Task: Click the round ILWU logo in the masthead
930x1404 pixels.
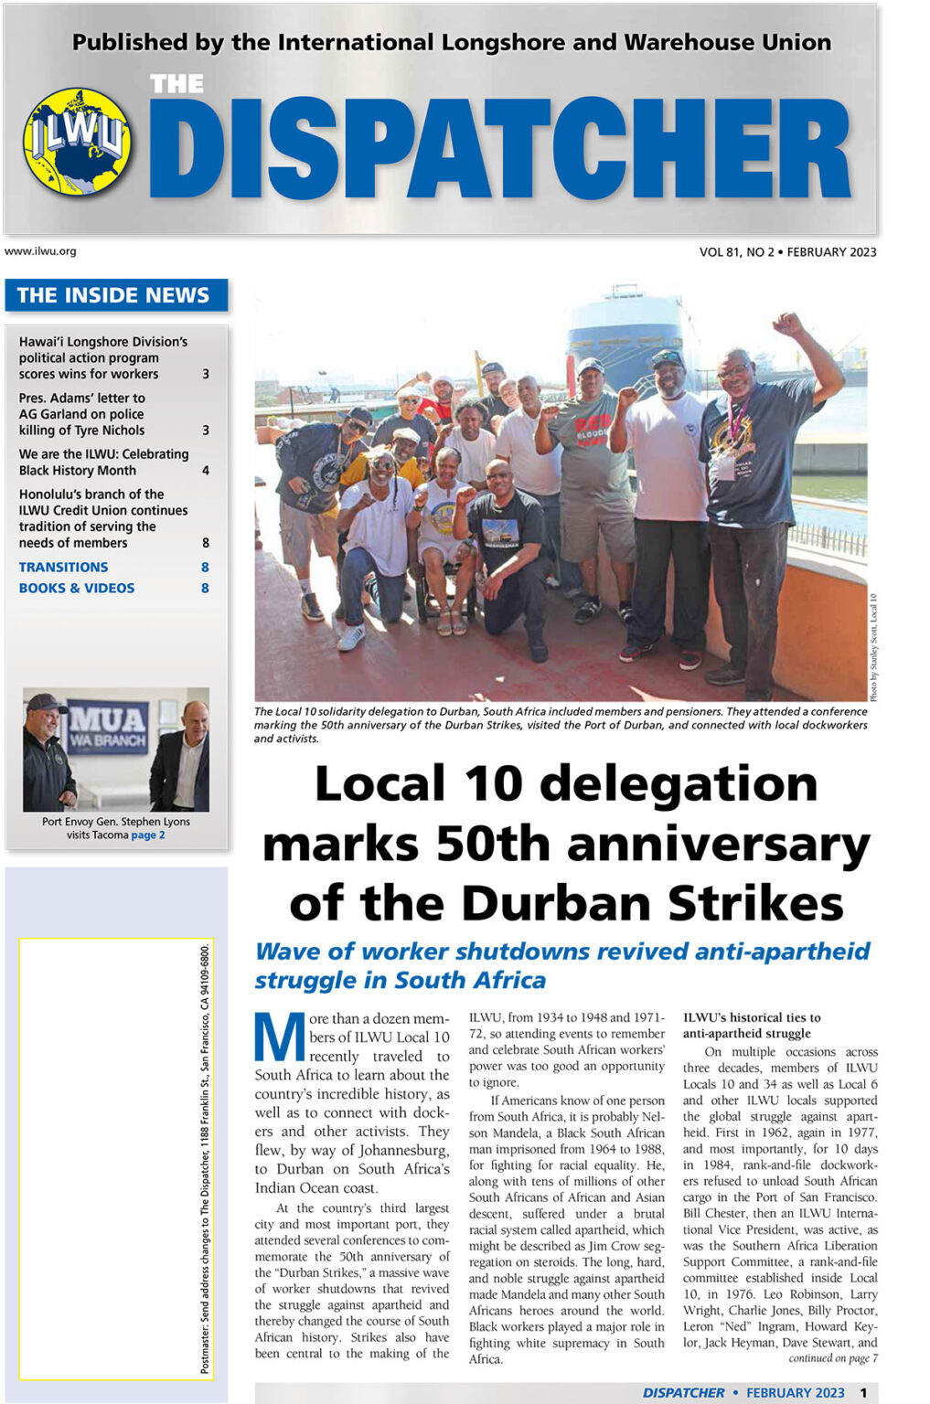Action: (77, 141)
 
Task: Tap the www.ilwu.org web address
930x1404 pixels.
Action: (40, 251)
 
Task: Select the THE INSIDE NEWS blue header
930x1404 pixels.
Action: (113, 295)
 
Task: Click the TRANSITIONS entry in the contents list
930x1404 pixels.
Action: (63, 568)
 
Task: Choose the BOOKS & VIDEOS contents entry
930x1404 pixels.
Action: (77, 589)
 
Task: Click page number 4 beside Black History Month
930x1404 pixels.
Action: (206, 471)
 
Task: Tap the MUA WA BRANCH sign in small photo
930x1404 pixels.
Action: (108, 726)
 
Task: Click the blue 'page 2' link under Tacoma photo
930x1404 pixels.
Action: (148, 835)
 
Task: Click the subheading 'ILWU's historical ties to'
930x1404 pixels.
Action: (752, 1017)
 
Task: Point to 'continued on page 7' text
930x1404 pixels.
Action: (832, 1358)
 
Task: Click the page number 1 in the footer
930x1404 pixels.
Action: (863, 1392)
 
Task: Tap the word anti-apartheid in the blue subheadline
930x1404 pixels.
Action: (782, 952)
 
